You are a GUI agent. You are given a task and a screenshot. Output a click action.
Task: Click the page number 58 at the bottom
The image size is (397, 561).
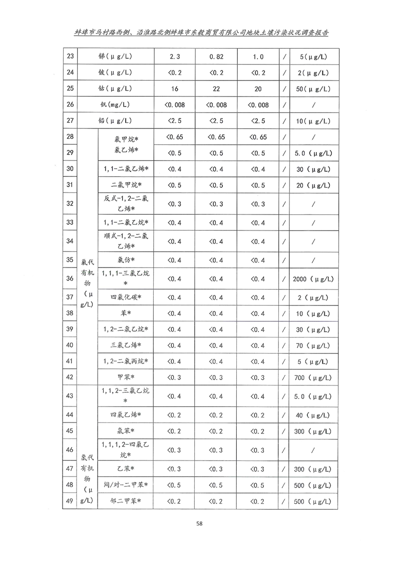point(199,523)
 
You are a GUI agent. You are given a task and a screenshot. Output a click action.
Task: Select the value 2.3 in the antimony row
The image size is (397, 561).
point(175,56)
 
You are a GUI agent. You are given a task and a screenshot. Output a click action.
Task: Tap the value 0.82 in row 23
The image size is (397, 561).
point(216,56)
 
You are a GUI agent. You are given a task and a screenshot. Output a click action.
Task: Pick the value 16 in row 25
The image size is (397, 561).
point(175,88)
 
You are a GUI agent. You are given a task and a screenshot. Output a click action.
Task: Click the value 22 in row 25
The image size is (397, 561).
point(216,88)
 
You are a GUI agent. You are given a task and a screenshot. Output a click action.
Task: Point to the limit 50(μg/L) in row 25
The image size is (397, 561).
point(313,88)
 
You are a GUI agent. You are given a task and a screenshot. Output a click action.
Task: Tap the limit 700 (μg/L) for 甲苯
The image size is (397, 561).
point(313,376)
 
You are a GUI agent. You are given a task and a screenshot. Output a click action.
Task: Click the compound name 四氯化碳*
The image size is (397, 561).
point(126,297)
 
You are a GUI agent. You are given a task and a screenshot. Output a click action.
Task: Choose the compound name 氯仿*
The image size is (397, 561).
point(126,260)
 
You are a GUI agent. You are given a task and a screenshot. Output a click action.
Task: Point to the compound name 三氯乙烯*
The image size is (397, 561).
point(126,345)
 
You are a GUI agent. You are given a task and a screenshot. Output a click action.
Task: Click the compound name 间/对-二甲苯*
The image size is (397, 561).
point(126,485)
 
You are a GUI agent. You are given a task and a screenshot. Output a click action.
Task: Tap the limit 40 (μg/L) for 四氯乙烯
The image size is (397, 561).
point(313,414)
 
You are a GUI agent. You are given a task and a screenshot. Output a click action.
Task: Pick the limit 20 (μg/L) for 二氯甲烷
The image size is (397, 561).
point(313,185)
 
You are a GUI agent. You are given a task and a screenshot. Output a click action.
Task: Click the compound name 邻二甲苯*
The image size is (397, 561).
point(126,501)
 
